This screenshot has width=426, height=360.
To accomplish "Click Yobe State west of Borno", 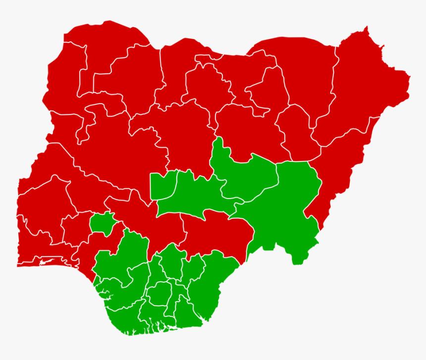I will (x=302, y=74).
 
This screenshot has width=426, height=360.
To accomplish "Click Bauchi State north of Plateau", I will (x=248, y=129).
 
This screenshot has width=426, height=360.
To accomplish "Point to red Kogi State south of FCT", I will (x=144, y=218).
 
